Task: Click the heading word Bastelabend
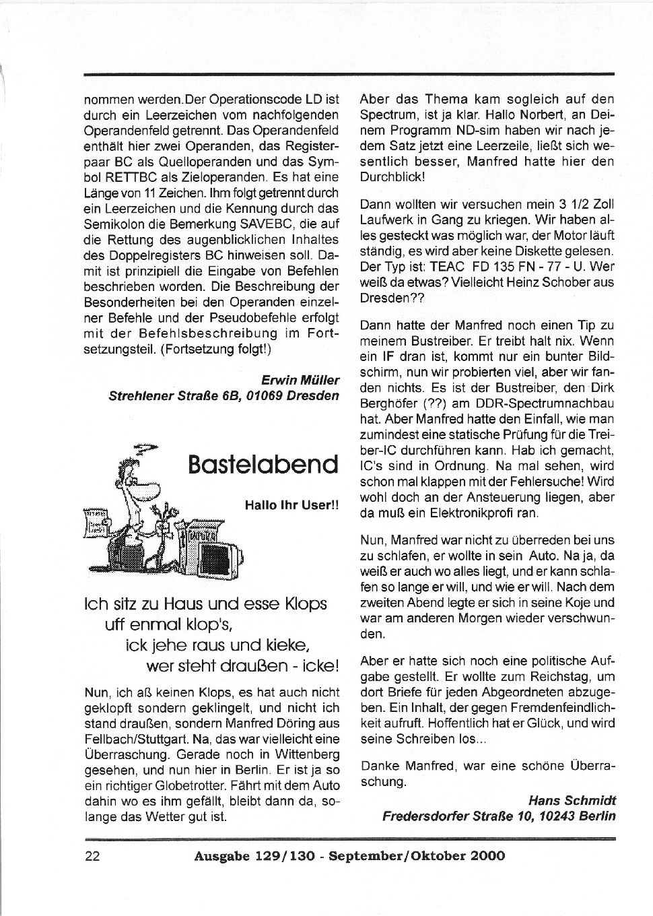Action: (x=263, y=464)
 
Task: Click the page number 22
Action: (x=92, y=856)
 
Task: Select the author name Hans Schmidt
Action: (x=572, y=801)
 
